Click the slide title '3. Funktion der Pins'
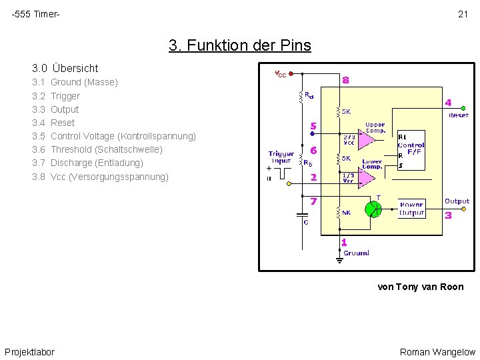(x=239, y=46)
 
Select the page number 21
(x=463, y=14)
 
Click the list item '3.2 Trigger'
(x=56, y=96)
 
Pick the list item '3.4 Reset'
(x=53, y=123)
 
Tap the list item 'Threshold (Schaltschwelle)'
(x=106, y=149)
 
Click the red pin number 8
(x=345, y=80)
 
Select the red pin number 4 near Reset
(x=448, y=103)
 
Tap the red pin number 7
(x=313, y=200)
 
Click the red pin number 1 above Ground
(x=344, y=243)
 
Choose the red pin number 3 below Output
(x=448, y=215)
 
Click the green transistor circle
(x=373, y=209)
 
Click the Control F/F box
(x=411, y=150)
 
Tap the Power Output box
(x=411, y=209)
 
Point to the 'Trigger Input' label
(x=281, y=157)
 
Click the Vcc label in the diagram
(x=281, y=74)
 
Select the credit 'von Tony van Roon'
(x=420, y=287)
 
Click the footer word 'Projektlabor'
(x=30, y=352)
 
